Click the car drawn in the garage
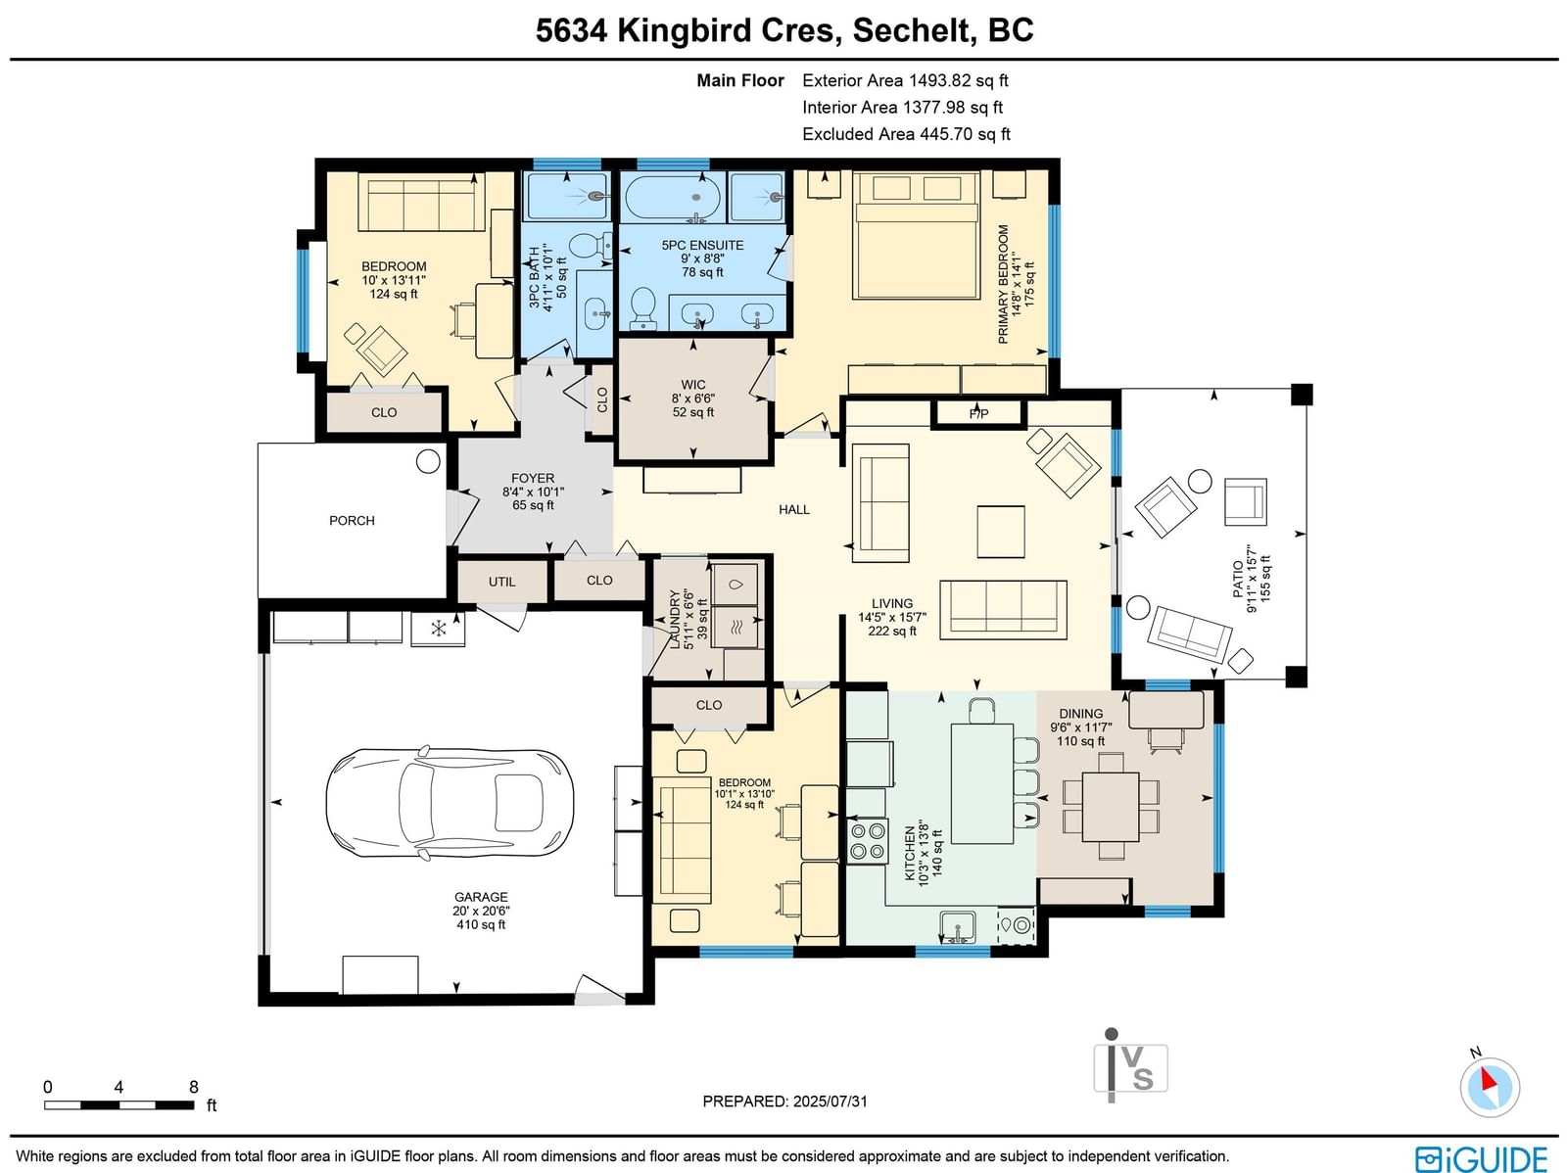(450, 798)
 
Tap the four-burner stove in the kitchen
(868, 841)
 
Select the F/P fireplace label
(978, 414)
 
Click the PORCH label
(352, 521)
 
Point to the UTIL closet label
(501, 582)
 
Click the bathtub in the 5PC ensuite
(672, 197)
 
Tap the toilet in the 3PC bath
(590, 246)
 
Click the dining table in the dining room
(1110, 807)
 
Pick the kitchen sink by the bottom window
(958, 926)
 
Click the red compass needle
(1489, 1080)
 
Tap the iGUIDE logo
(1482, 1158)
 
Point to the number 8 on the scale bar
(194, 1087)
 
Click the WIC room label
(693, 385)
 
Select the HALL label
(794, 509)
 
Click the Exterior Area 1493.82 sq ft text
(905, 80)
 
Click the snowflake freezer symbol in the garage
(439, 629)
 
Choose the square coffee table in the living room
(1001, 532)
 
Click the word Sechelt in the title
(912, 30)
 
